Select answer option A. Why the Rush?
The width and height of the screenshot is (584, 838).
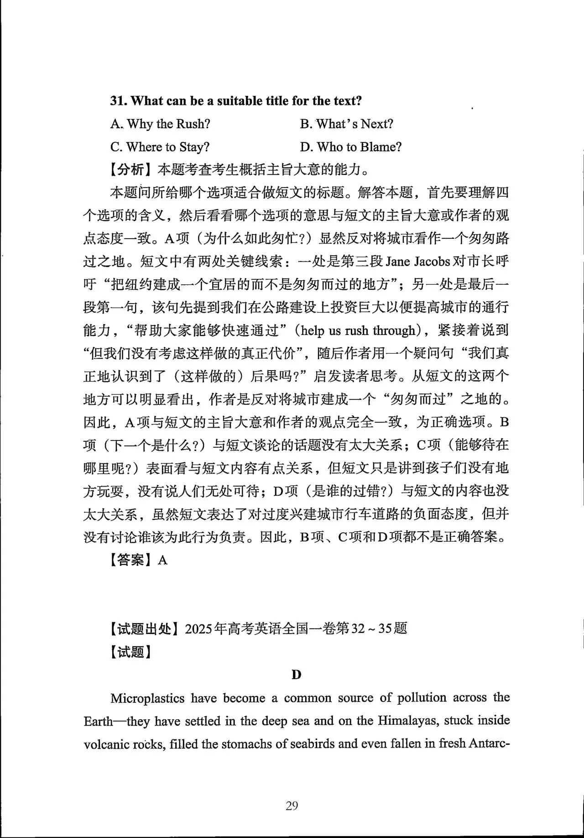tap(160, 124)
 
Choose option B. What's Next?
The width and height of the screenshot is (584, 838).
tap(346, 124)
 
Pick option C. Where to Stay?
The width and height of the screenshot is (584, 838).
tap(160, 147)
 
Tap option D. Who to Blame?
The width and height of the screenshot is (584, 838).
tap(350, 147)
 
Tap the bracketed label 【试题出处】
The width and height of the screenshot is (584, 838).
tap(145, 629)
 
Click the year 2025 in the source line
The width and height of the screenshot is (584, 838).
tap(199, 629)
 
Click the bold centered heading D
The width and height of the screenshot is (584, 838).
tap(296, 675)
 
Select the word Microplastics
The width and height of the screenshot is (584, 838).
tap(147, 698)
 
